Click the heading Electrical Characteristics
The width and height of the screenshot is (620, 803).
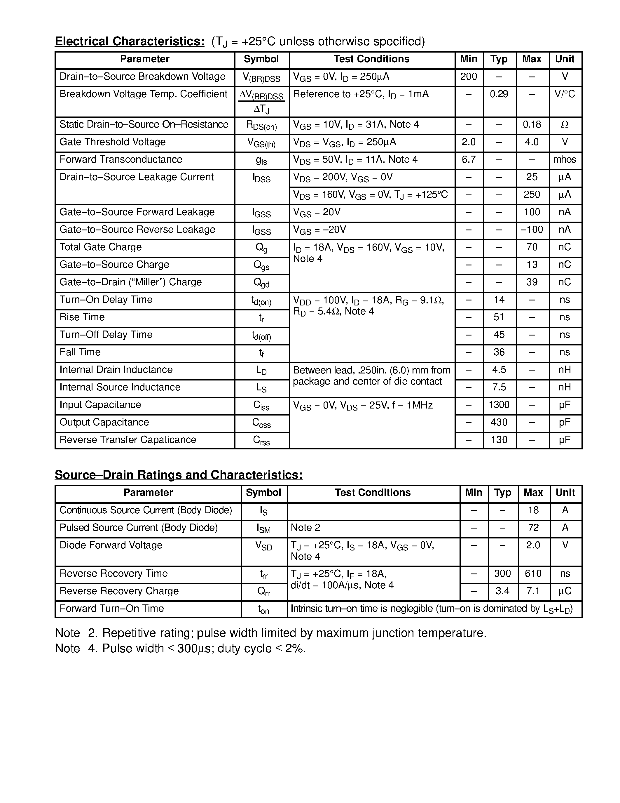[129, 41]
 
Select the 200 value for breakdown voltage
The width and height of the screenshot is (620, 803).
[468, 77]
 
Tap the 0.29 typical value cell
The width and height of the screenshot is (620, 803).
[499, 94]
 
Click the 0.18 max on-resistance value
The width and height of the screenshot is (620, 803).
[532, 125]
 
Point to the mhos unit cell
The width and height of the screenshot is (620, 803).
[565, 159]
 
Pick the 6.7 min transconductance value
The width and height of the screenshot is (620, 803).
[468, 159]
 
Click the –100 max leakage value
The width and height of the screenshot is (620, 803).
[532, 230]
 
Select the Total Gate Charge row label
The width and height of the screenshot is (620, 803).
[100, 247]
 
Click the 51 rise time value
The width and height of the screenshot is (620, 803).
[499, 317]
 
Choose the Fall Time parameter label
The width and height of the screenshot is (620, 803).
[80, 352]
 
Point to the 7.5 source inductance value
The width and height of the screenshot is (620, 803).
[499, 387]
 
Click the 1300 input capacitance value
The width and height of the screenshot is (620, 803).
[499, 405]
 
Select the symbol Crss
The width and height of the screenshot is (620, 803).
[261, 440]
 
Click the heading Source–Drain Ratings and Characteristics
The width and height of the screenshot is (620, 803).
[179, 475]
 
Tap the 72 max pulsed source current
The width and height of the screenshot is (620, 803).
[533, 528]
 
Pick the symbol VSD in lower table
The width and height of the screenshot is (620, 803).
[263, 546]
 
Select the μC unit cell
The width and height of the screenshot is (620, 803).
[565, 591]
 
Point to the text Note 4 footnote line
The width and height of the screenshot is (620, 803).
[180, 648]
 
